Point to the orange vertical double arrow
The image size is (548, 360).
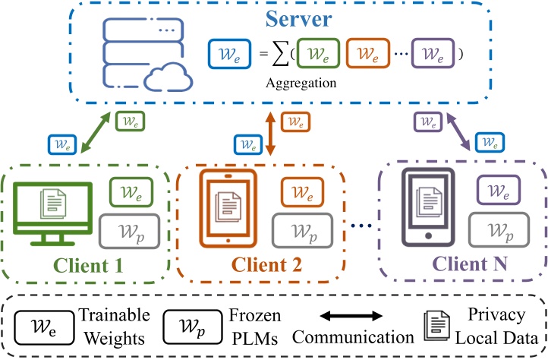271,134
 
